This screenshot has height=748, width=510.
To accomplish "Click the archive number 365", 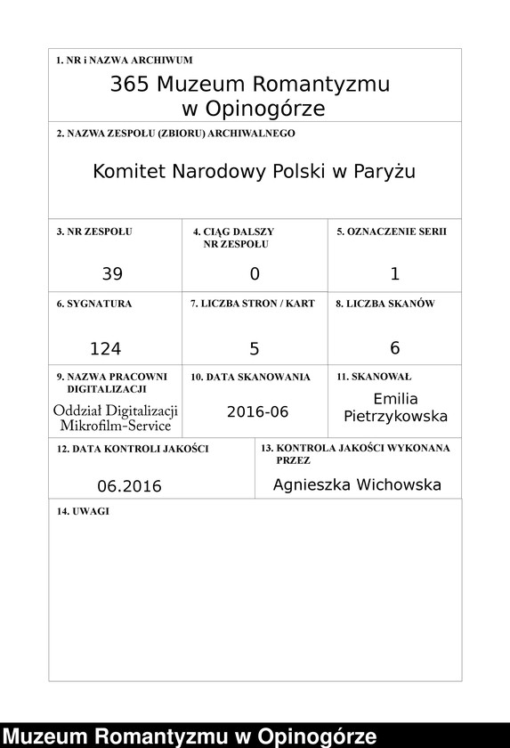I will [x=128, y=85].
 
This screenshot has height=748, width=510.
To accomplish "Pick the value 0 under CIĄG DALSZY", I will [x=255, y=273].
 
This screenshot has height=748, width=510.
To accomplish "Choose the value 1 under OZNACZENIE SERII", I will [x=395, y=273].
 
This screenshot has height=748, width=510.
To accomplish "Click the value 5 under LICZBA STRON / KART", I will [x=255, y=347].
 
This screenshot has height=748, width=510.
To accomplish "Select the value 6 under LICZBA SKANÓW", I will [x=395, y=347].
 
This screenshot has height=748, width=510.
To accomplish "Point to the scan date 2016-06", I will [x=258, y=411].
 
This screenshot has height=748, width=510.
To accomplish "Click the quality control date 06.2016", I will [x=130, y=486].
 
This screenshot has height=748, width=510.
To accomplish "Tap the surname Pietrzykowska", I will [x=395, y=417].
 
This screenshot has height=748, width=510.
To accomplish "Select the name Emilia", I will [x=395, y=399].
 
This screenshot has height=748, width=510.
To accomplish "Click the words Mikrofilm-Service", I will [x=116, y=426].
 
